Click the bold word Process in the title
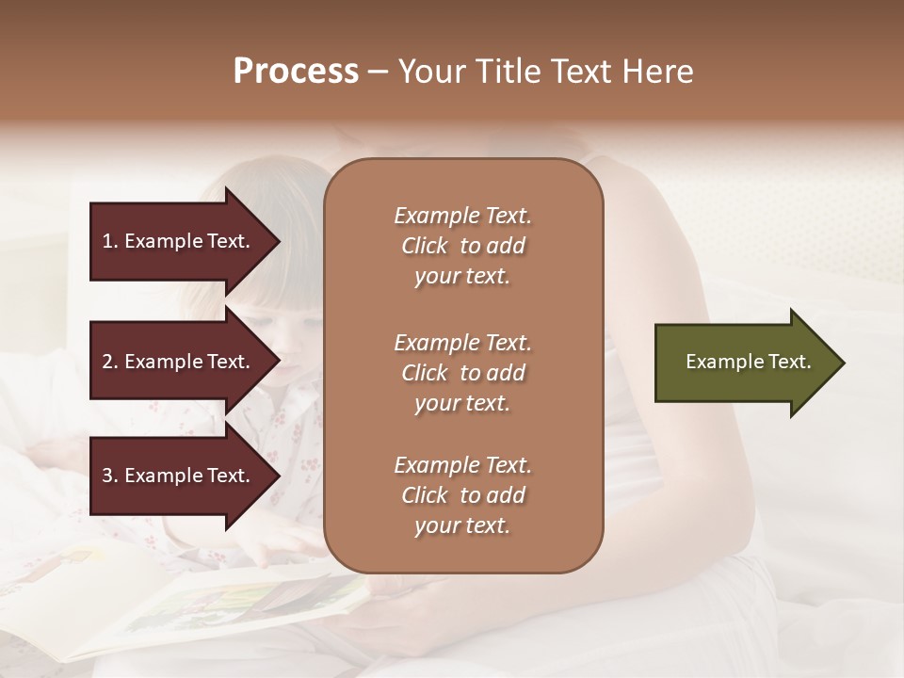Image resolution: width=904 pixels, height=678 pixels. [x=296, y=72]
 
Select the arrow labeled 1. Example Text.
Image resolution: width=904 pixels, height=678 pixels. [x=179, y=241]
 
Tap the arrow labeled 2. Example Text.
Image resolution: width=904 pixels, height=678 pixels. [x=179, y=362]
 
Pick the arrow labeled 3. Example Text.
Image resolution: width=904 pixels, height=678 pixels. [x=179, y=476]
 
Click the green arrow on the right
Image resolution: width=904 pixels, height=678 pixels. [x=744, y=363]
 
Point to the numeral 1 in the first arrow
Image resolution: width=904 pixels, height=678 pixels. [x=107, y=241]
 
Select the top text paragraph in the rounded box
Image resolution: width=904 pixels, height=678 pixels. [x=462, y=246]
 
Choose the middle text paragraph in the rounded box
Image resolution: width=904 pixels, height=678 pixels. [x=462, y=373]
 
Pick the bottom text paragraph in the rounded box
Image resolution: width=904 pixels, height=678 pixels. [x=462, y=495]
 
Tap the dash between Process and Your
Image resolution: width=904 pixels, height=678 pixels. [x=378, y=73]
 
